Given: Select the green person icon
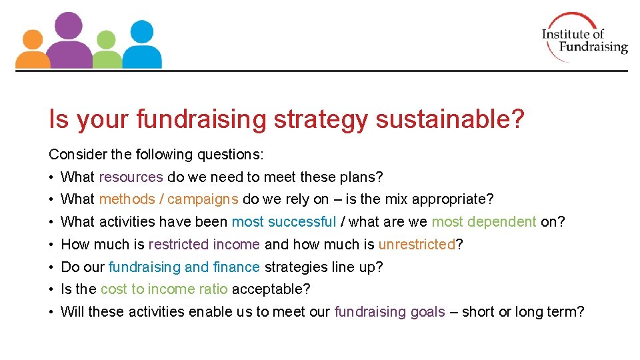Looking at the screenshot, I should (x=106, y=51).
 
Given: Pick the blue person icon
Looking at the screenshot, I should (x=141, y=45).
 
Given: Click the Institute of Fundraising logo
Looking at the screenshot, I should (x=584, y=37).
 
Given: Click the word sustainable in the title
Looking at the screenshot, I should (x=450, y=120).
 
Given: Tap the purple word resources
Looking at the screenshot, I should (x=131, y=177).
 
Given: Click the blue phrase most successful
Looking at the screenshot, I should (x=283, y=222).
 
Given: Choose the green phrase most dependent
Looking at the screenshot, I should (x=483, y=222).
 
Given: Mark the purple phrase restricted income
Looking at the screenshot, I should (x=204, y=245).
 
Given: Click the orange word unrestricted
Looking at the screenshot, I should (x=416, y=245).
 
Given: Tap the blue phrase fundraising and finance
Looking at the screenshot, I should (x=184, y=267).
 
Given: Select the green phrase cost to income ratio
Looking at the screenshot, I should (x=164, y=289).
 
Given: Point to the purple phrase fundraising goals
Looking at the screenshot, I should (x=389, y=312).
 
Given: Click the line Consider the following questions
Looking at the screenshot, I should (x=156, y=155).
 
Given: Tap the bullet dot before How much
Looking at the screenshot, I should (x=51, y=245).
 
